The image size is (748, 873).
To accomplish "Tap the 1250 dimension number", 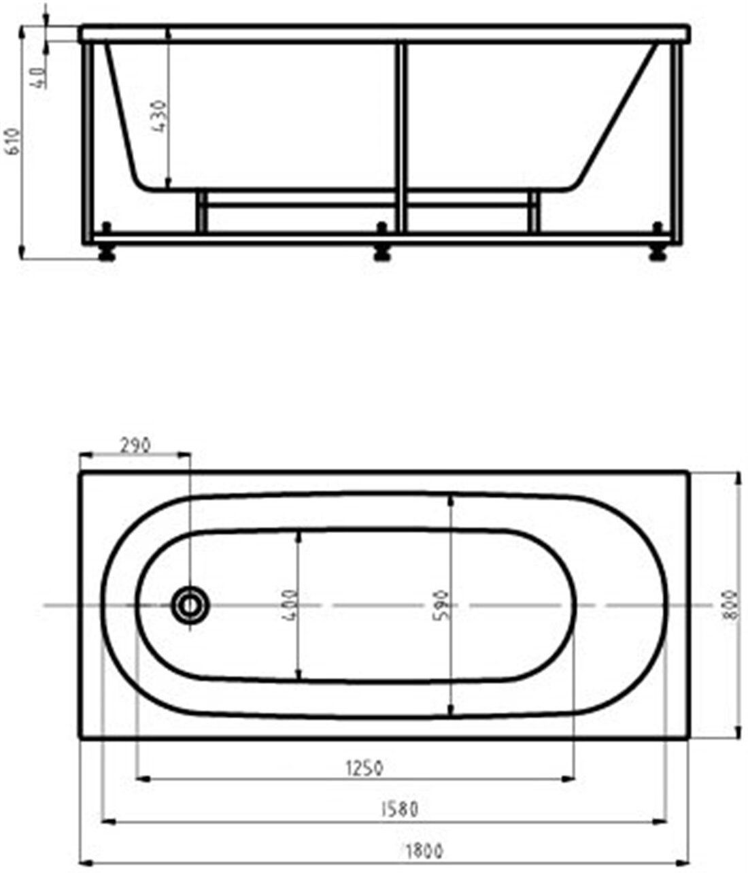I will click(x=365, y=768).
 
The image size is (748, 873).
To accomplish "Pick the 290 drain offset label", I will click(x=135, y=446).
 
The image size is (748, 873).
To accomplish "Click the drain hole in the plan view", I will click(x=189, y=604).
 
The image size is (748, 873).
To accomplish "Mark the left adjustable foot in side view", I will click(x=106, y=252).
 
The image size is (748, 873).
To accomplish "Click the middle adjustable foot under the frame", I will click(x=382, y=252).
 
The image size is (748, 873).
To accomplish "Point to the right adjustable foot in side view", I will click(x=658, y=252).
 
